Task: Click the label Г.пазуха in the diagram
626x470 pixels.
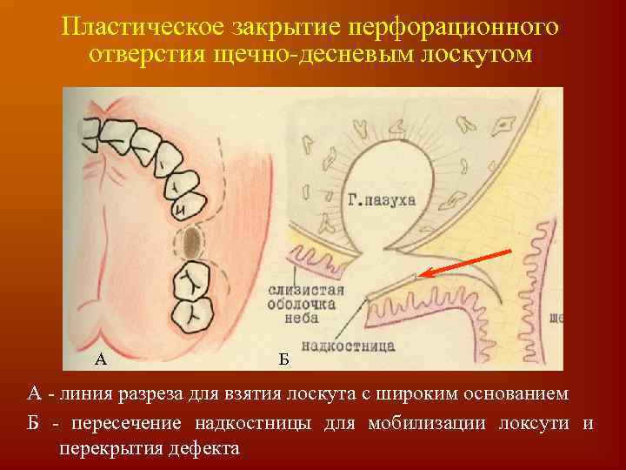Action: pos(380,199)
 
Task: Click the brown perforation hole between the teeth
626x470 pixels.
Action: pos(193,239)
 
